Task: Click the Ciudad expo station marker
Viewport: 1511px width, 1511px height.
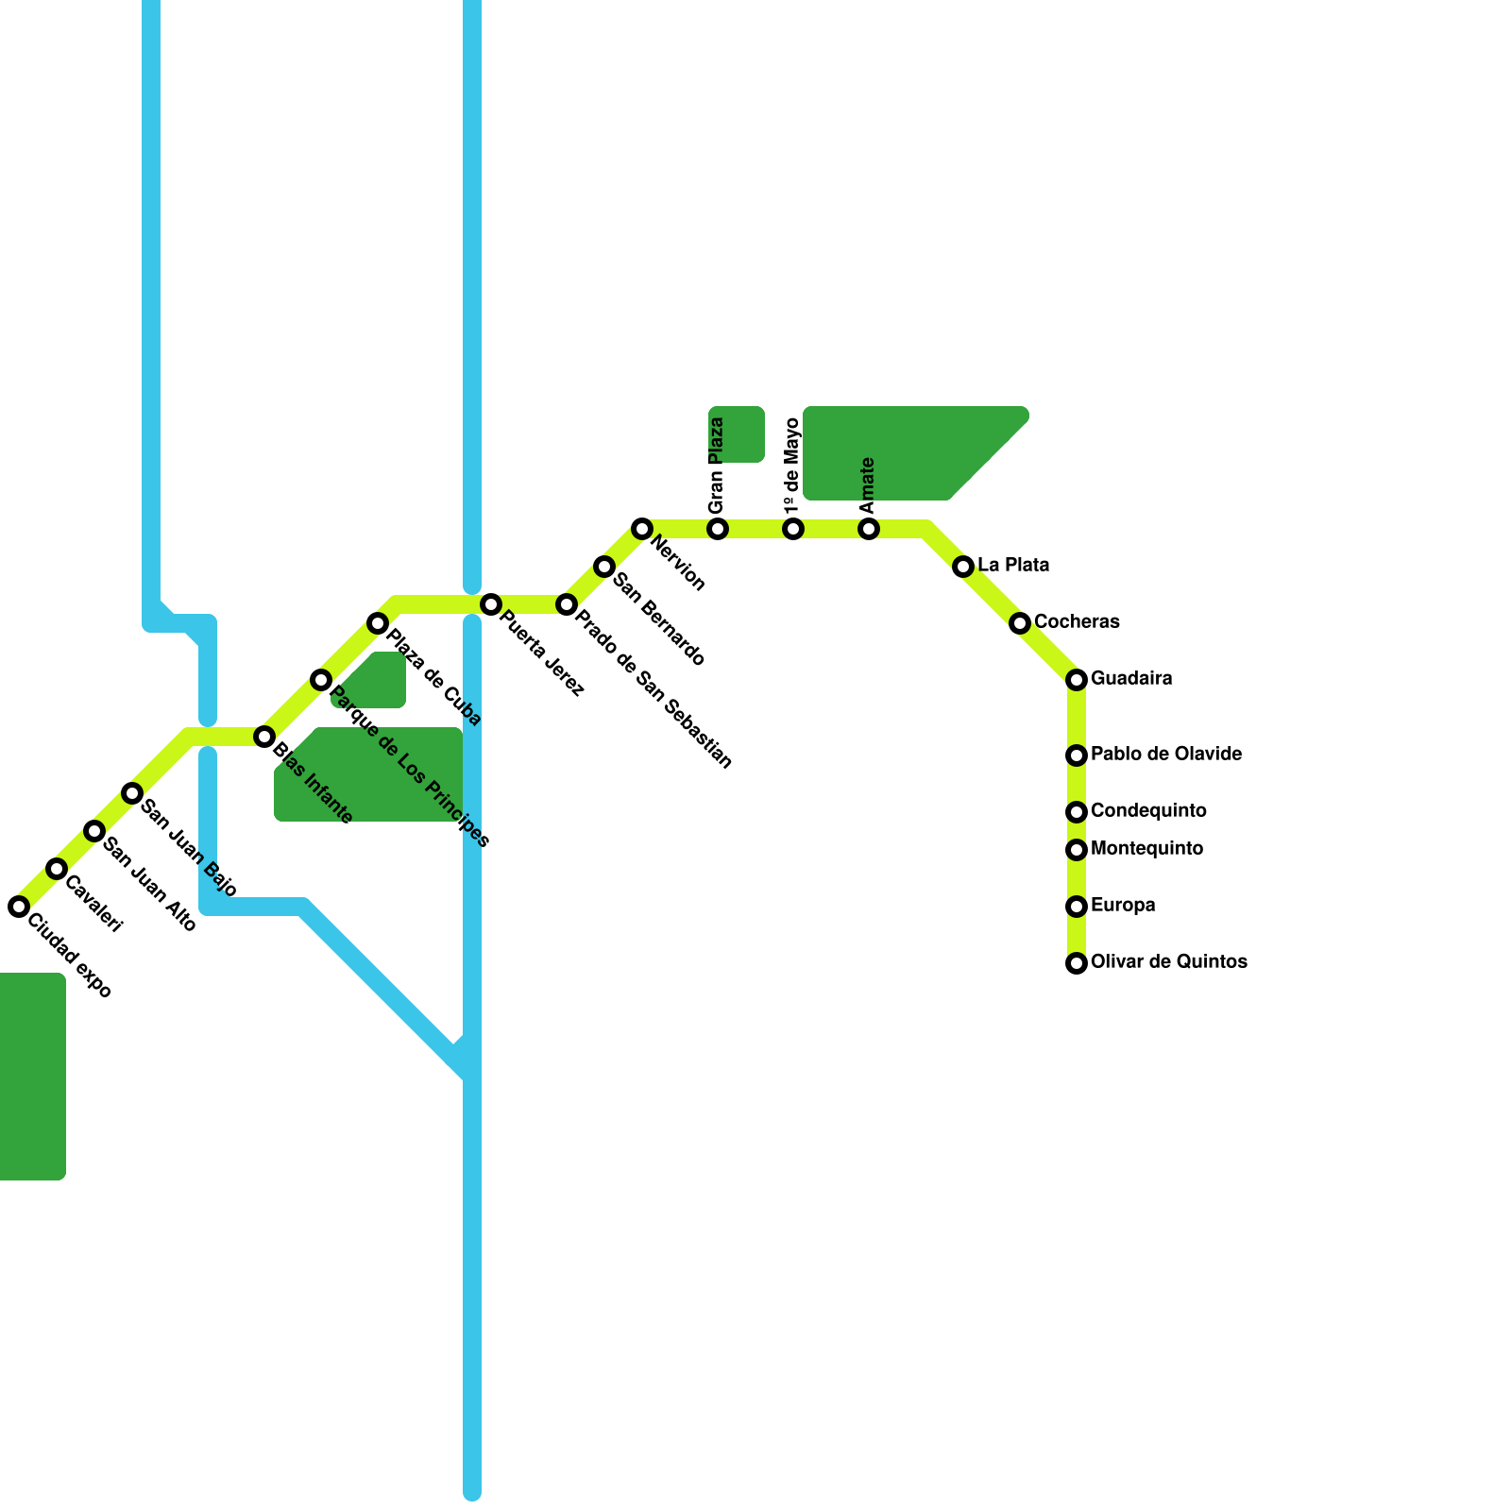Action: click(x=19, y=907)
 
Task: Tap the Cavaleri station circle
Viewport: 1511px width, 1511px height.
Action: click(x=57, y=869)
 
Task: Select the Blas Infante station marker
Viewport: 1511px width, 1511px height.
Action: click(x=264, y=737)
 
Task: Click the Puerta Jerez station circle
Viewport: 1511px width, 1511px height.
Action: click(x=491, y=604)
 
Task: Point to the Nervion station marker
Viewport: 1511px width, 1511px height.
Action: click(x=642, y=529)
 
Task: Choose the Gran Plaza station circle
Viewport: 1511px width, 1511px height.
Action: click(x=718, y=529)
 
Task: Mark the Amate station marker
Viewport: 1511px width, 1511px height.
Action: click(x=869, y=529)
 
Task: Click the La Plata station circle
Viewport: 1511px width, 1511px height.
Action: click(x=963, y=567)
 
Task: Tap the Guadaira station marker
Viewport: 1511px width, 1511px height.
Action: click(x=1077, y=680)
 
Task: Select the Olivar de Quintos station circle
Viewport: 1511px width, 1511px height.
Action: click(x=1077, y=963)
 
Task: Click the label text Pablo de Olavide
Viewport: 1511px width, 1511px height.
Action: click(x=1165, y=755)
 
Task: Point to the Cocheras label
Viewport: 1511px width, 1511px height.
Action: click(x=1077, y=622)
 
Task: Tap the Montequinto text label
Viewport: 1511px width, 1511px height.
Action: click(x=1146, y=849)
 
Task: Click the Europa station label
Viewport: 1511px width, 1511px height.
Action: click(x=1123, y=906)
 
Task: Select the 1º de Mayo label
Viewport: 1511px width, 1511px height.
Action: click(x=792, y=467)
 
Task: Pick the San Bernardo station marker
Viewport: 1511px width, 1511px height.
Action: click(x=604, y=567)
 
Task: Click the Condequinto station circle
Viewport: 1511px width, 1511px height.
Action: click(x=1077, y=812)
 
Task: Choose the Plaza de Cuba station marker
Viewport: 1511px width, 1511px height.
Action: click(x=378, y=623)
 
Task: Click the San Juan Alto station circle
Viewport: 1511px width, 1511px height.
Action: click(x=94, y=831)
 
